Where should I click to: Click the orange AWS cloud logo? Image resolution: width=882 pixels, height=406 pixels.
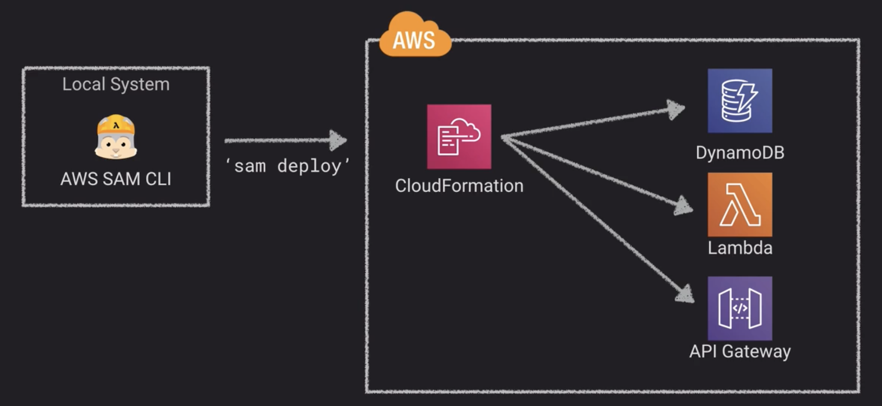click(x=414, y=36)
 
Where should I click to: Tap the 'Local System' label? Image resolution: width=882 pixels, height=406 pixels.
click(x=116, y=84)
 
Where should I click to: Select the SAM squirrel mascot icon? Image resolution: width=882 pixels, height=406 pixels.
click(x=116, y=137)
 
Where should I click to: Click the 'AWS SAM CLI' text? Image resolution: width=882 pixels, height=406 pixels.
click(x=116, y=179)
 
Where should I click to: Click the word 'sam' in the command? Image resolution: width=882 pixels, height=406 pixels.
click(x=250, y=166)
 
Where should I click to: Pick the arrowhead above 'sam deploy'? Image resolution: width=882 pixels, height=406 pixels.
click(x=338, y=140)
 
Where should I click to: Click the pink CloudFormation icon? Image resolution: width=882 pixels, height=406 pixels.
click(x=459, y=137)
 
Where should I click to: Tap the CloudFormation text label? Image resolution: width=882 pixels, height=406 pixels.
click(x=459, y=186)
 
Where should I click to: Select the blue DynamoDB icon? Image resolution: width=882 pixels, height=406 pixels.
click(x=739, y=100)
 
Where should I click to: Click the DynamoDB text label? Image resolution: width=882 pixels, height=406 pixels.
click(x=739, y=153)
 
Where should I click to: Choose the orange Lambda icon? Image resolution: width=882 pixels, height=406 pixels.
click(x=739, y=205)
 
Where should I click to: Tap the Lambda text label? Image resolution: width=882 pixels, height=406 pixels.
click(x=739, y=247)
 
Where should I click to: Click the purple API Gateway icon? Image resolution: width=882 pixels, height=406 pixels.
click(x=739, y=308)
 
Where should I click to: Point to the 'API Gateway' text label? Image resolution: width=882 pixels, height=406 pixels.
click(x=739, y=351)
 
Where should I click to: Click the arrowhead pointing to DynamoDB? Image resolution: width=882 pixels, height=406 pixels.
click(x=676, y=109)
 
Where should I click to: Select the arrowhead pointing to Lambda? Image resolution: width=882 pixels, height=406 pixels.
click(x=683, y=206)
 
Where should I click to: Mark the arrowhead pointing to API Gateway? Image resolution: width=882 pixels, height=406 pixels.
click(x=685, y=293)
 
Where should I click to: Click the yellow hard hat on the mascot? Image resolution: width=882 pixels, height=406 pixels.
click(x=116, y=124)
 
